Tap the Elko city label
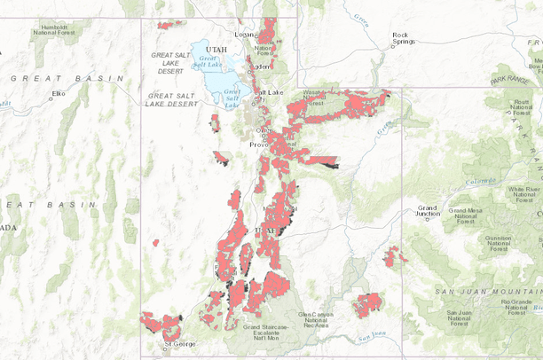[59, 92]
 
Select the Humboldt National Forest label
[56, 31]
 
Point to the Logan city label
[244, 35]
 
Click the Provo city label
[256, 145]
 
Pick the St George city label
[178, 344]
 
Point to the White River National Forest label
[521, 192]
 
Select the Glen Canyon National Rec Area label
[318, 320]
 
